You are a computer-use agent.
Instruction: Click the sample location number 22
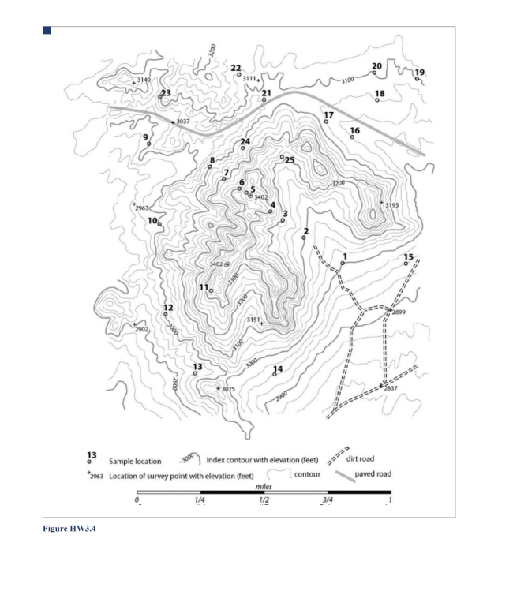pyautogui.click(x=235, y=68)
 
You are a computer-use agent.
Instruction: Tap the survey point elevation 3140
pyautogui.click(x=143, y=80)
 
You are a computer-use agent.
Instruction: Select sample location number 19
pyautogui.click(x=419, y=73)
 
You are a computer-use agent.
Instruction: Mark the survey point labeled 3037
pyautogui.click(x=182, y=122)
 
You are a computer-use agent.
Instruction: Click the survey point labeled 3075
pyautogui.click(x=227, y=389)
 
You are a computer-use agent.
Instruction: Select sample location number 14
pyautogui.click(x=277, y=369)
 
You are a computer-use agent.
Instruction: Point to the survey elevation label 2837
pyautogui.click(x=391, y=388)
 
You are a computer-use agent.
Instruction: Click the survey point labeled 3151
pyautogui.click(x=253, y=320)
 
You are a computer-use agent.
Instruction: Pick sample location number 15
pyautogui.click(x=408, y=257)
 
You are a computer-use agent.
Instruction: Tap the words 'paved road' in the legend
pyautogui.click(x=373, y=474)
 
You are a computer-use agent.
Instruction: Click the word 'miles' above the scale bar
pyautogui.click(x=264, y=487)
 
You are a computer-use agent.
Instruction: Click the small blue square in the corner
pyautogui.click(x=47, y=31)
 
